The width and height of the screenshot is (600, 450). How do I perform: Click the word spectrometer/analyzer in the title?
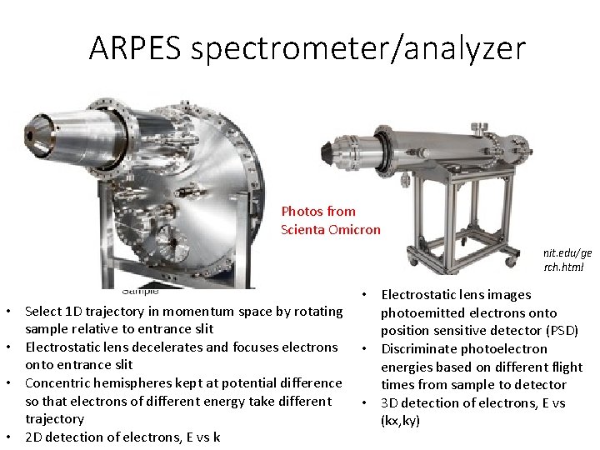(x=358, y=48)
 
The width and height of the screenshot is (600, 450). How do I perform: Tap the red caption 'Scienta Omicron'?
(x=331, y=229)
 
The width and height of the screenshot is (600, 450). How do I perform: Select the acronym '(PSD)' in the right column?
(x=557, y=330)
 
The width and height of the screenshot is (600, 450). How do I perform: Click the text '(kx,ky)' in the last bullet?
(x=401, y=421)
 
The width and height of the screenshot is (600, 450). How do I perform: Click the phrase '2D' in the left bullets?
(x=35, y=437)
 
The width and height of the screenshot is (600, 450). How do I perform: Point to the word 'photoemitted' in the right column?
(x=420, y=312)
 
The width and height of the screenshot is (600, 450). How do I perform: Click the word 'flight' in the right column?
(x=564, y=367)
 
